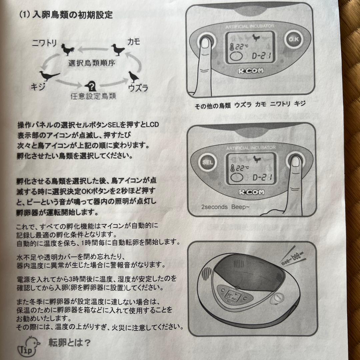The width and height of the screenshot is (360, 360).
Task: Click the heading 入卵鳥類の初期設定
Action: [71, 15]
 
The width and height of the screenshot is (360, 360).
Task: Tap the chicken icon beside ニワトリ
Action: [68, 50]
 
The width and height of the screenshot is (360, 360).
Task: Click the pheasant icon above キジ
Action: [49, 76]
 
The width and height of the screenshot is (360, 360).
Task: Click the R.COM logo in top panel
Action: [251, 71]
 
